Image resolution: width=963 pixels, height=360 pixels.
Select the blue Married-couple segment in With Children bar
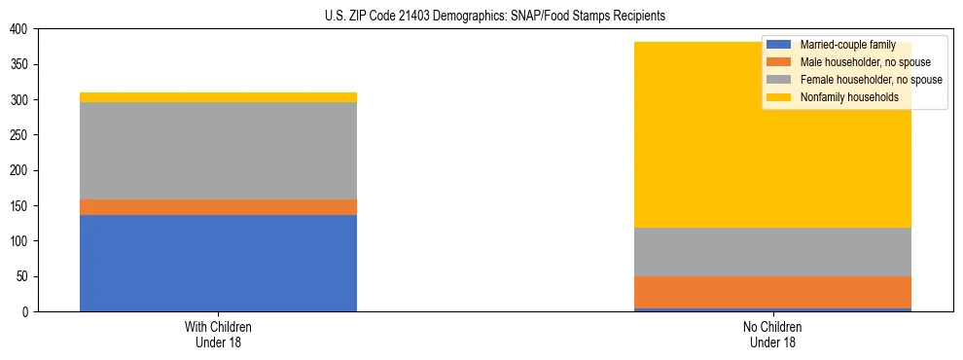pyautogui.click(x=218, y=263)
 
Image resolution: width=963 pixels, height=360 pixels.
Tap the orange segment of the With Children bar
pyautogui.click(x=218, y=207)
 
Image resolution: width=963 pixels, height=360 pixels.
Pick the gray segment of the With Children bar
pyautogui.click(x=218, y=151)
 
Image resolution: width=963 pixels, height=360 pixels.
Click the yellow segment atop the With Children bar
pyautogui.click(x=218, y=97)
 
